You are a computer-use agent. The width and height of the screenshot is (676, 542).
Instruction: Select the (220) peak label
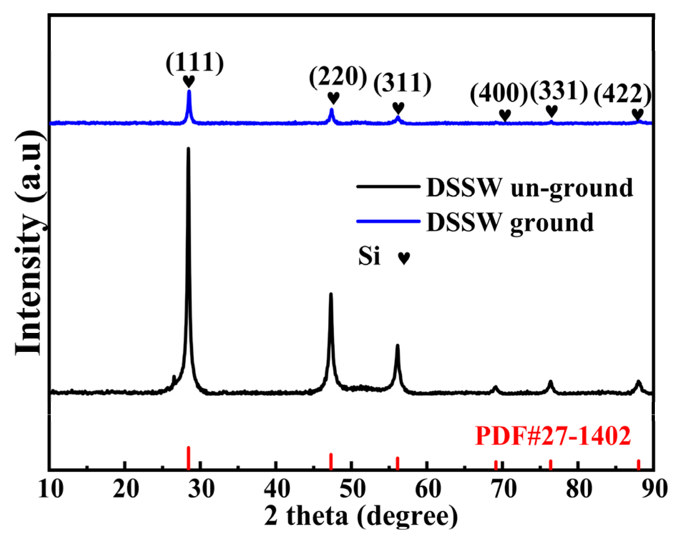tap(338, 77)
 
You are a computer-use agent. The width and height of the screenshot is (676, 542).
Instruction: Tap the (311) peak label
tap(402, 84)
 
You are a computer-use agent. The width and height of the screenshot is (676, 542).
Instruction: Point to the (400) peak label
tap(499, 94)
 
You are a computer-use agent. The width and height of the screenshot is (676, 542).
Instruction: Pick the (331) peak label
tap(559, 91)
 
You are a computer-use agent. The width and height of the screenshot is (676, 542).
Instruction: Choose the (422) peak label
tap(622, 95)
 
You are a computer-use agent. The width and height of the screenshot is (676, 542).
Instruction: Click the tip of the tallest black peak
tap(188, 149)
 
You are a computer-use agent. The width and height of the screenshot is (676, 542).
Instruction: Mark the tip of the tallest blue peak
tap(189, 91)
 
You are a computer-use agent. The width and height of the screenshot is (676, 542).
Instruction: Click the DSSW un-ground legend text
tap(529, 187)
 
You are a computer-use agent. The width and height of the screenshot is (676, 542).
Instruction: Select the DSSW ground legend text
tap(510, 222)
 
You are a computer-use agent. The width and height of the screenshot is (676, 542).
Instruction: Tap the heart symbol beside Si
tap(404, 258)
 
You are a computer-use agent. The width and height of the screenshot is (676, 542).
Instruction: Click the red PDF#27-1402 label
tap(553, 436)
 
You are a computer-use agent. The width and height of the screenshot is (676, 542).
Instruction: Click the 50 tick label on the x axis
tap(352, 489)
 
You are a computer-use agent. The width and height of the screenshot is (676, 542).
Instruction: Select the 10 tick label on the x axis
tap(51, 489)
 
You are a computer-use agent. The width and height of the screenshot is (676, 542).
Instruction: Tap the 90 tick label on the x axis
tap(654, 489)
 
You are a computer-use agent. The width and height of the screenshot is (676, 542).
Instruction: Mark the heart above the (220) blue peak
tap(333, 97)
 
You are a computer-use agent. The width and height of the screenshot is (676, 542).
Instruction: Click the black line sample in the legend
tap(388, 187)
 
